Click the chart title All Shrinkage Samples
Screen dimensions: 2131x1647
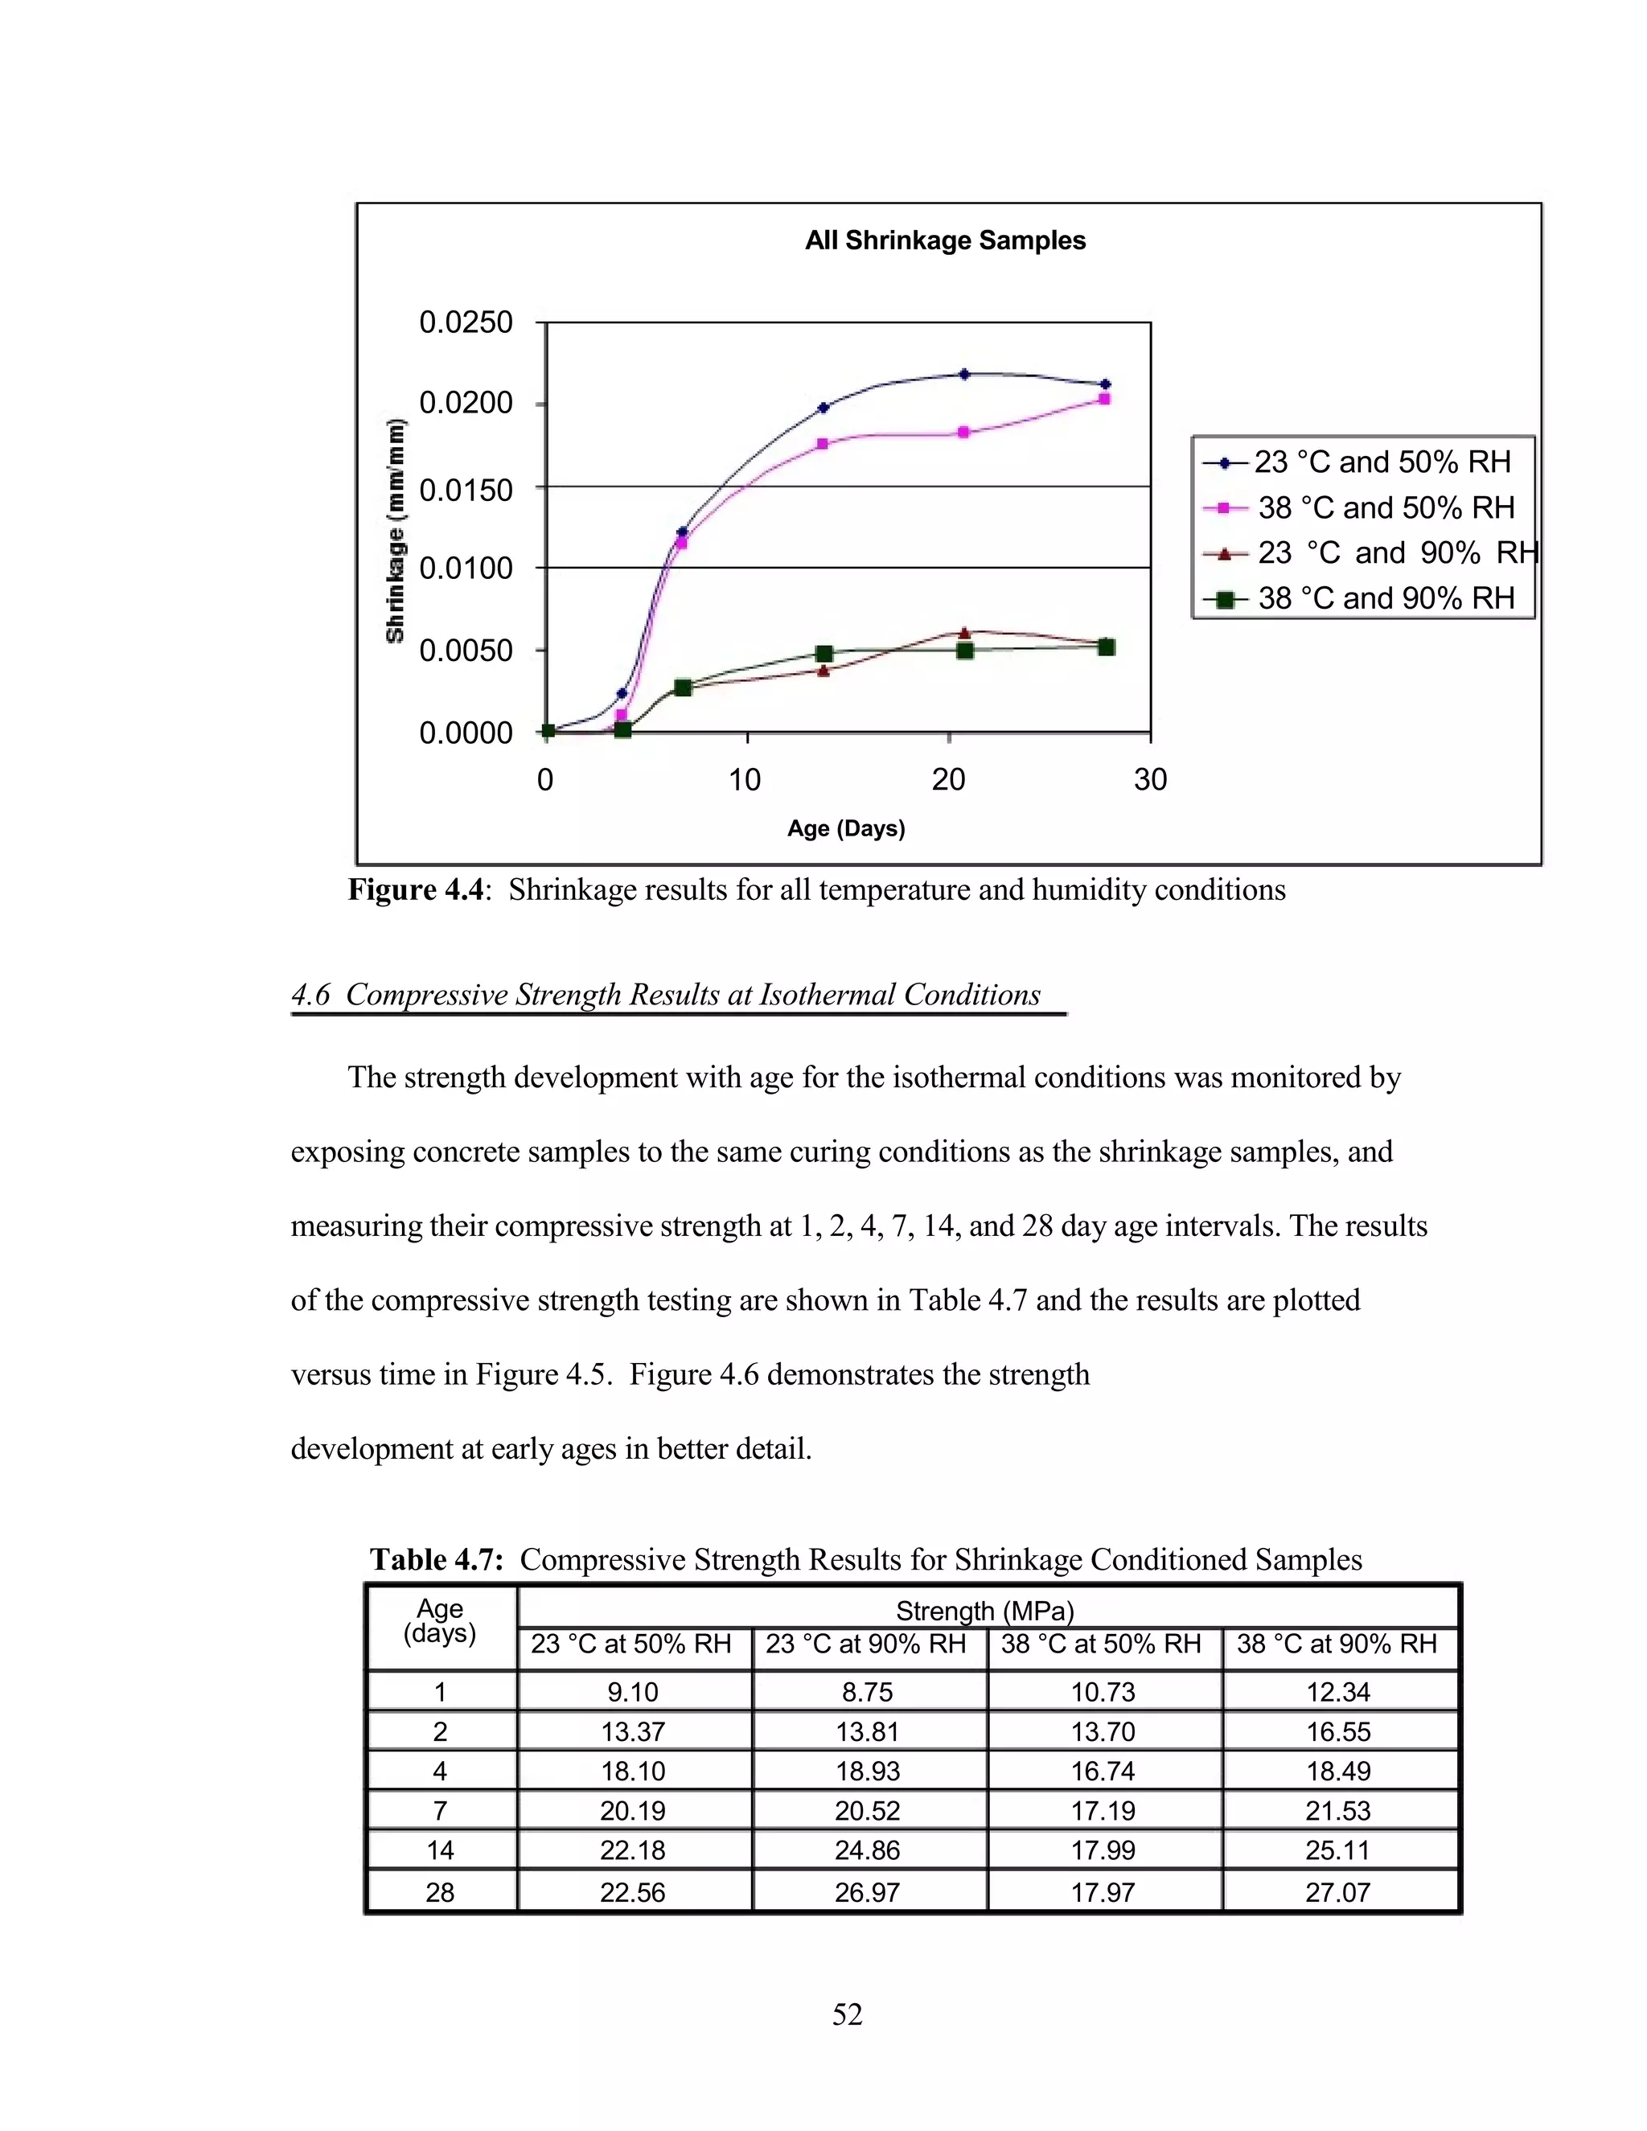944,241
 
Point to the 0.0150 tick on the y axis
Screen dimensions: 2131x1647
466,489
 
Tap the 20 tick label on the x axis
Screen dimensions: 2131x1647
948,778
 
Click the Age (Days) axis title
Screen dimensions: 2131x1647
846,828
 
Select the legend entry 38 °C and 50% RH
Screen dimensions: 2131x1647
1385,507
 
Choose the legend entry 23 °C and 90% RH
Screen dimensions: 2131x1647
1395,552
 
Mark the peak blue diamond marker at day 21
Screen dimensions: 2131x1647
964,374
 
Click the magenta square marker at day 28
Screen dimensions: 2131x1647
1104,399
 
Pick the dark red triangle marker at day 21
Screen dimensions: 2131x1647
964,632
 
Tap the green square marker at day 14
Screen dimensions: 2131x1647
823,653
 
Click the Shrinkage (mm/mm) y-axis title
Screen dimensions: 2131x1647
395,531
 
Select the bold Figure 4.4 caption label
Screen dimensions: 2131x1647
416,890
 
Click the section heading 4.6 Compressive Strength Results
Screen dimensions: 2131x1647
667,994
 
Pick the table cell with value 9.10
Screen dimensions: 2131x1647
632,1692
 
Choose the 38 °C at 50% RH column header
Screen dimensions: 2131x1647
1101,1644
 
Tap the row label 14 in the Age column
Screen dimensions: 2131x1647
440,1850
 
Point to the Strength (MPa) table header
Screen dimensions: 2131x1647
984,1610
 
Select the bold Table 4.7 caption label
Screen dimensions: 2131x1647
436,1559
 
